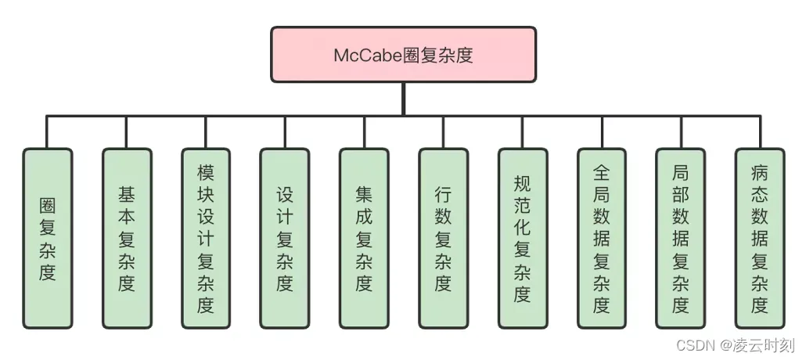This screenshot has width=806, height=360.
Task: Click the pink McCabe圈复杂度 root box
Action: [403, 55]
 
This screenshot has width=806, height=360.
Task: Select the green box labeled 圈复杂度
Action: [47, 238]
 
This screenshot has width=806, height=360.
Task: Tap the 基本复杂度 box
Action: [126, 238]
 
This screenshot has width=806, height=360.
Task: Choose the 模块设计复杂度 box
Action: [205, 238]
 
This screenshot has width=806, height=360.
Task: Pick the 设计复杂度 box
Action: [284, 238]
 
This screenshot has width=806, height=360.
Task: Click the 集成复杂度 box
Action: [363, 238]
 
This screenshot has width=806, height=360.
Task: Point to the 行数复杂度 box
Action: [443, 238]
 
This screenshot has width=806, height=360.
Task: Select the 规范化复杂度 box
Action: [522, 238]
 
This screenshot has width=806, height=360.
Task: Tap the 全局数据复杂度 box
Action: [601, 238]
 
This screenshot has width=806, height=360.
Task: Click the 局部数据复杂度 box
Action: [680, 238]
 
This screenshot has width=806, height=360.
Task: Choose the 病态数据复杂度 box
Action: [759, 238]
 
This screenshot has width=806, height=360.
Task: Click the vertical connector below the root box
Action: [403, 99]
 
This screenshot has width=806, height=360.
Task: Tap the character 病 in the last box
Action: [759, 171]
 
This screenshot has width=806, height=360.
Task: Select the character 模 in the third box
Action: [205, 171]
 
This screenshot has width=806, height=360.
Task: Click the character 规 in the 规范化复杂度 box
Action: [522, 183]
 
